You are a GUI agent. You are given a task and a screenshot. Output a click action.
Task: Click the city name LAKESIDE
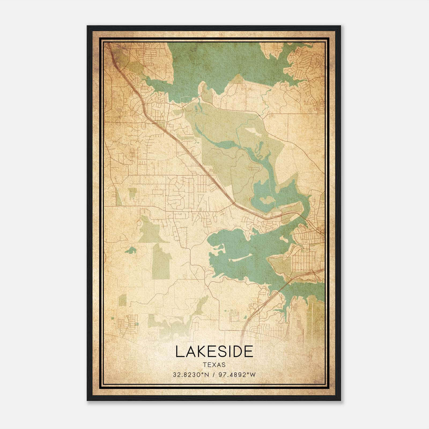(214, 352)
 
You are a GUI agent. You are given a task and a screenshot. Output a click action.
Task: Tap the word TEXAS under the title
(214, 365)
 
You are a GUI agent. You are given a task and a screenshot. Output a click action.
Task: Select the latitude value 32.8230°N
(191, 375)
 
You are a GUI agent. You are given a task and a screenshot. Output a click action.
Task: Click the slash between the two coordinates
(214, 375)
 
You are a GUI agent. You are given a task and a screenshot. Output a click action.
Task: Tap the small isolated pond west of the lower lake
(131, 251)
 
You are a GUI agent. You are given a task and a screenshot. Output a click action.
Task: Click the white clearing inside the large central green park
(252, 131)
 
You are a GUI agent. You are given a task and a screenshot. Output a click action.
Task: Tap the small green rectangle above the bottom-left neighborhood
(122, 300)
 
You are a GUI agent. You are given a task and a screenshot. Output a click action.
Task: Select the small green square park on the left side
(132, 193)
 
